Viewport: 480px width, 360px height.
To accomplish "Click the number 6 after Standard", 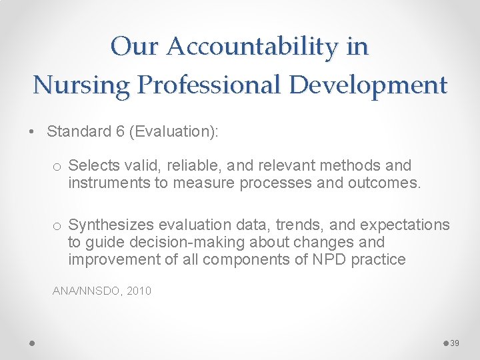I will click(120, 131).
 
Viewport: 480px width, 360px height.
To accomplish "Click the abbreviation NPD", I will click(329, 259).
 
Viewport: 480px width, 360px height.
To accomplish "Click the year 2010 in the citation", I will click(139, 291).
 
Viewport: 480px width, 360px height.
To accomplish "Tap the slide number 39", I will click(455, 343).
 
